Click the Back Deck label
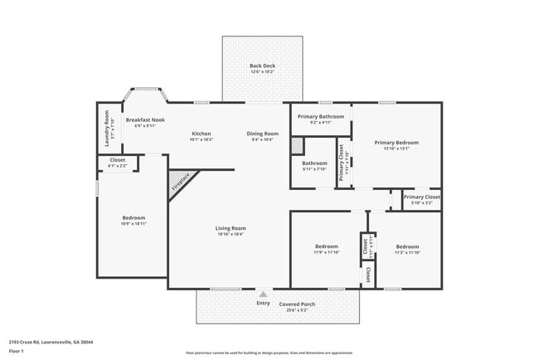coord(262,69)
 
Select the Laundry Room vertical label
coord(108,129)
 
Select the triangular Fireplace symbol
coord(179,182)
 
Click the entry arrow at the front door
coord(263,294)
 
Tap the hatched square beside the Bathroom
coord(297,144)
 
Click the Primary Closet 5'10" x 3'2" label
coord(421,199)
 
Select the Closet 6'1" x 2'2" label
coord(118,163)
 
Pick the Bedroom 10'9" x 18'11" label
coord(134,220)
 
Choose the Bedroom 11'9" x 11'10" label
coord(326,249)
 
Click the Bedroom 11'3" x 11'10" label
coord(407,249)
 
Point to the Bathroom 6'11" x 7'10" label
coord(315,165)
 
